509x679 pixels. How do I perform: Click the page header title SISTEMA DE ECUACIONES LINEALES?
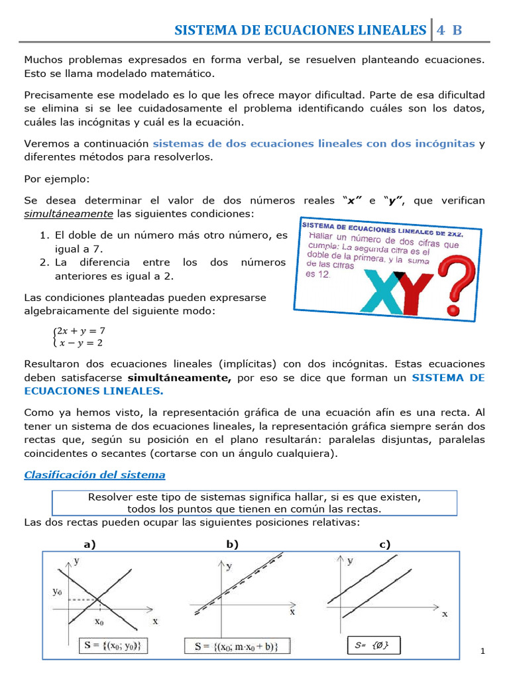click(x=300, y=30)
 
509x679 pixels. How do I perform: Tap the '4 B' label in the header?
click(x=448, y=30)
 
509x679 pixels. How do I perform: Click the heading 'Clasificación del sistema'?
click(x=95, y=475)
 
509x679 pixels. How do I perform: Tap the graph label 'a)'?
click(x=89, y=544)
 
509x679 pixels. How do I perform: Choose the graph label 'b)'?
click(x=232, y=544)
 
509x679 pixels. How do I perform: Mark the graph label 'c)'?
click(x=384, y=544)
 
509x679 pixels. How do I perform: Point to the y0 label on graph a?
click(x=58, y=591)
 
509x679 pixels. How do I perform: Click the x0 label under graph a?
click(x=100, y=623)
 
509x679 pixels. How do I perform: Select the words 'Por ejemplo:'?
click(x=56, y=179)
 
